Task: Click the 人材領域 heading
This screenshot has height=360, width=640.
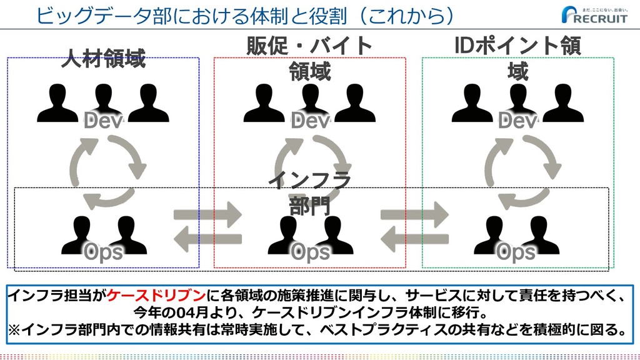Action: click(x=103, y=60)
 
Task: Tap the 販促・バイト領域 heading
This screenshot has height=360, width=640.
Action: click(x=310, y=59)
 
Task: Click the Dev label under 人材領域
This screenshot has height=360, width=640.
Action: click(x=103, y=121)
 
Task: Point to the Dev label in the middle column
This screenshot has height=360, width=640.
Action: click(x=310, y=121)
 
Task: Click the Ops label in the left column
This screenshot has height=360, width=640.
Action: click(x=103, y=252)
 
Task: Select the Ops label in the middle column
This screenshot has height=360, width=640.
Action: click(x=310, y=252)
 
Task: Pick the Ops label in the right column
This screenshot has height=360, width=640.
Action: click(x=517, y=252)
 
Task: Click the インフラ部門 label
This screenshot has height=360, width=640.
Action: click(x=310, y=194)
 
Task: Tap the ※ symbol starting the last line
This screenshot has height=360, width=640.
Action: click(x=14, y=329)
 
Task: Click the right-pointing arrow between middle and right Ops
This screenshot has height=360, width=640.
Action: click(x=414, y=215)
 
